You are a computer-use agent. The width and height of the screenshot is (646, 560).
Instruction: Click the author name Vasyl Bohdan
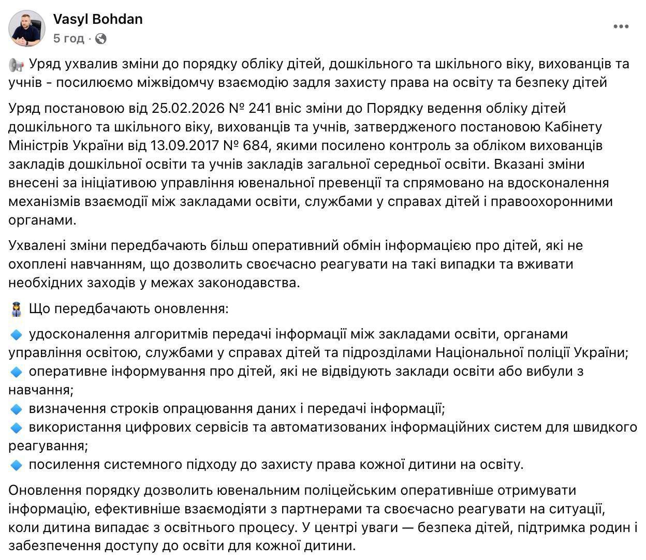(x=98, y=20)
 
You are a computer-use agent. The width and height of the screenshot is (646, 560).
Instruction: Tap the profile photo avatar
(x=27, y=28)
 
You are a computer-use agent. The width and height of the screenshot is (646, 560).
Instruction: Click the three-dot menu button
(x=621, y=27)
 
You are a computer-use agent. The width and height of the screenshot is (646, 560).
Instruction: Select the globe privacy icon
(x=101, y=39)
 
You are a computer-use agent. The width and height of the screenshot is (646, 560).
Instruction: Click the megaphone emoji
(x=17, y=65)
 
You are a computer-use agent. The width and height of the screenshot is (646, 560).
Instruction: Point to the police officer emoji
(x=16, y=310)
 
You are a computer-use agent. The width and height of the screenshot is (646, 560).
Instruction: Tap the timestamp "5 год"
(x=69, y=39)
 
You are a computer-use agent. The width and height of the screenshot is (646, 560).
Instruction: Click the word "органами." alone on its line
(x=42, y=220)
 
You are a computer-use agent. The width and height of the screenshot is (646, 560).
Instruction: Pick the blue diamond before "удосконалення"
(x=16, y=335)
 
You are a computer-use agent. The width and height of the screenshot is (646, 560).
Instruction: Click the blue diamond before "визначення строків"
(x=16, y=409)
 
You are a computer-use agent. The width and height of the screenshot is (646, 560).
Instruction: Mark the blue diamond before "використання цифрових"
(x=16, y=428)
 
